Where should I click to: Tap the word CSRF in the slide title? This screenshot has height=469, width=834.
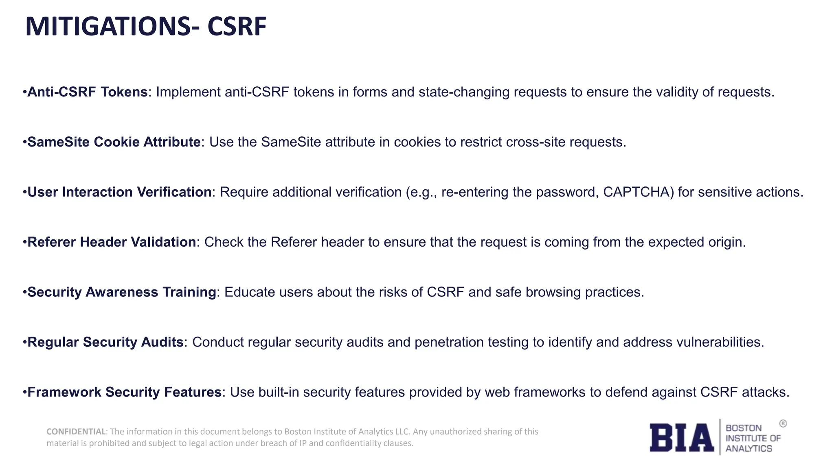(237, 27)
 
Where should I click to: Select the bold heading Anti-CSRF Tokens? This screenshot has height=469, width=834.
(87, 92)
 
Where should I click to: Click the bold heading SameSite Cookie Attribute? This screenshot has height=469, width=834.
(114, 142)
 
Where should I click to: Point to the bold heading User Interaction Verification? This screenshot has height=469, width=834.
(119, 192)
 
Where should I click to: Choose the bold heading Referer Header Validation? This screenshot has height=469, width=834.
(112, 242)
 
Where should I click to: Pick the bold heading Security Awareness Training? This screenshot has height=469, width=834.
(121, 292)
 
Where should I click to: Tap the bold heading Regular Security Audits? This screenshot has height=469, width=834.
(105, 342)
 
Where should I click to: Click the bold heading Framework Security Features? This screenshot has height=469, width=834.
(124, 392)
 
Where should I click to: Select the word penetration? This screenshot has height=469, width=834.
(448, 342)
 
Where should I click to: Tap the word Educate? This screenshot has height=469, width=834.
(250, 292)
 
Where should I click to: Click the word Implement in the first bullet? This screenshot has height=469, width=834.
(188, 92)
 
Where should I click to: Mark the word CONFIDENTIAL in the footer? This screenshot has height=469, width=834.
(76, 432)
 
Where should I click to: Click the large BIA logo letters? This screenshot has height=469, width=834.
(682, 438)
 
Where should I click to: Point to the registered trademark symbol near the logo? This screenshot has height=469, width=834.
(783, 424)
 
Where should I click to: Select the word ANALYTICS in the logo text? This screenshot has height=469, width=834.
(748, 449)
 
